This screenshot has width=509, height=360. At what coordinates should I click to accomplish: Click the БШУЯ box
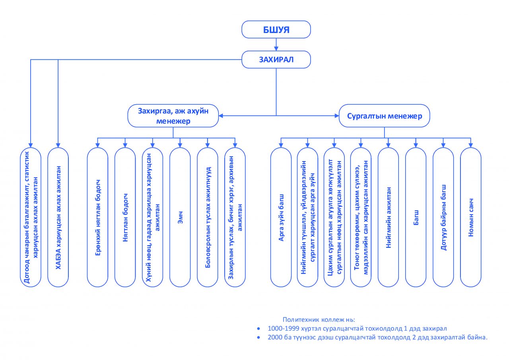(x=276, y=29)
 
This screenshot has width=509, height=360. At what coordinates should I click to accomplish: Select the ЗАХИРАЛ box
(x=276, y=60)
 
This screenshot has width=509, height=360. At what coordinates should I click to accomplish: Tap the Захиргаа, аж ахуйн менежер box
(x=173, y=116)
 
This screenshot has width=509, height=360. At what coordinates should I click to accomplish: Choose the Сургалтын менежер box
(x=385, y=116)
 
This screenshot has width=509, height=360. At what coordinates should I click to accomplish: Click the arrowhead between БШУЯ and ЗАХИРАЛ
(x=276, y=49)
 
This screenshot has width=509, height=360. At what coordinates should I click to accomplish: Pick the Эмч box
(x=180, y=217)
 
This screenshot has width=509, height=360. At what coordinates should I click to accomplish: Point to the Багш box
(x=416, y=217)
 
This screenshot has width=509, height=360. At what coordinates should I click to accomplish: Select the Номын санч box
(x=470, y=217)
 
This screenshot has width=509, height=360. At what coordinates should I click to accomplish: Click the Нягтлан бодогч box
(x=125, y=217)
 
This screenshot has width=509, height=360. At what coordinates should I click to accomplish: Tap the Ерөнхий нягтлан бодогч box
(x=97, y=217)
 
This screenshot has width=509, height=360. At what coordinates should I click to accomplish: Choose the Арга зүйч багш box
(x=281, y=217)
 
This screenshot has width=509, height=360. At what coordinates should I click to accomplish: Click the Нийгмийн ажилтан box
(x=388, y=217)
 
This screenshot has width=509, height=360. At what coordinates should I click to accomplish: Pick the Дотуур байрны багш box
(x=443, y=217)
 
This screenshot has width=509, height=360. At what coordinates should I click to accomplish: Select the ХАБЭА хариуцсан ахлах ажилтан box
(x=58, y=217)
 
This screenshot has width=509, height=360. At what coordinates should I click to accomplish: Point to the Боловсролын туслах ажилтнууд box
(x=208, y=217)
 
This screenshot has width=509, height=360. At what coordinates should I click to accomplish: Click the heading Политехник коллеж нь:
(x=319, y=319)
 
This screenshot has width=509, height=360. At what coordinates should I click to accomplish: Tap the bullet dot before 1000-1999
(x=258, y=329)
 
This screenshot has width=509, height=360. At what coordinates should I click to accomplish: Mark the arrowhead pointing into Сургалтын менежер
(x=337, y=116)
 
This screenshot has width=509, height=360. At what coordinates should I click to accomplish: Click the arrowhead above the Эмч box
(x=180, y=146)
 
